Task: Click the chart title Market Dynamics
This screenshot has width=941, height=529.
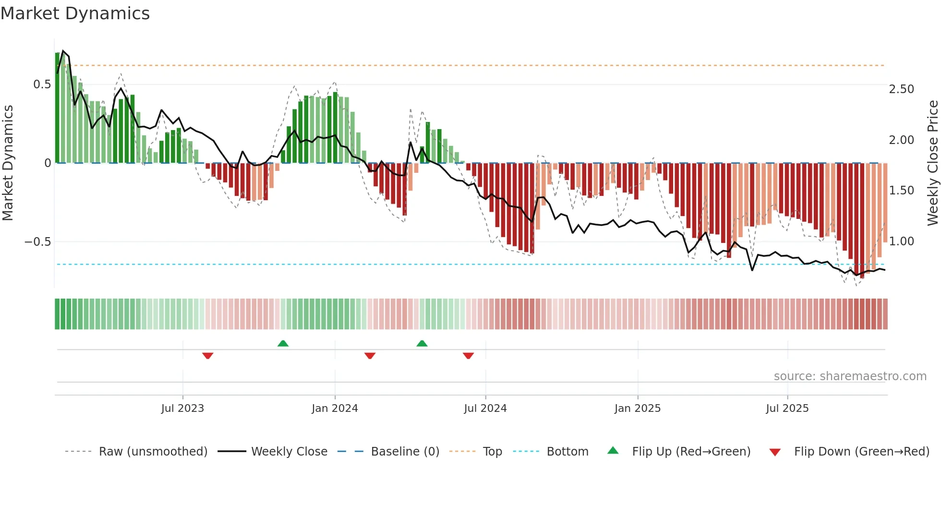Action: coord(75,13)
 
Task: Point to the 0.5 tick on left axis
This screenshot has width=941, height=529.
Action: coord(42,84)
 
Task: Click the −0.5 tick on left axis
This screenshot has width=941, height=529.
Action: coord(37,241)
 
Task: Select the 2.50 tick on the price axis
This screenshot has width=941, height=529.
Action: coord(901,89)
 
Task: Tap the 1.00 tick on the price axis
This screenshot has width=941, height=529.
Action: coord(901,241)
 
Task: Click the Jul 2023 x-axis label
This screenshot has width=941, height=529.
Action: coord(182,409)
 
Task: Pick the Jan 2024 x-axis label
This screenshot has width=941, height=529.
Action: coord(335,409)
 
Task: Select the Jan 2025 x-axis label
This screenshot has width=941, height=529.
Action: coord(637,409)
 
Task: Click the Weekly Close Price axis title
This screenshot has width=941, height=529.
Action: coord(932,163)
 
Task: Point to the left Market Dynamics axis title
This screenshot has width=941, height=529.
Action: coord(8,163)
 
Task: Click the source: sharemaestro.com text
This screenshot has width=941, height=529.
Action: coord(850,376)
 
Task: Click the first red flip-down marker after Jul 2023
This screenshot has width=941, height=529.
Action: coord(207,356)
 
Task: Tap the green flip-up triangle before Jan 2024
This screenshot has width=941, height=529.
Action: coord(283,343)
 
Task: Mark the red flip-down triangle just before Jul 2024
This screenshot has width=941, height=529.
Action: coord(468,356)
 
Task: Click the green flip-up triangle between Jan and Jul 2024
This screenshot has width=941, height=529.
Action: coord(422,343)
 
